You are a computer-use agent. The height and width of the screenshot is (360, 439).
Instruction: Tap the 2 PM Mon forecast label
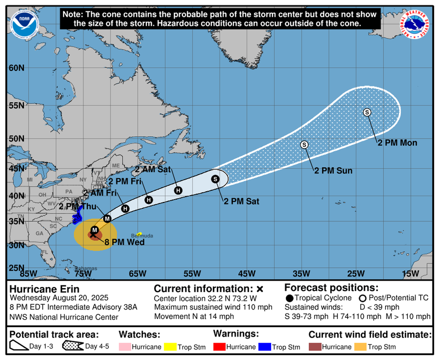[x=397, y=143]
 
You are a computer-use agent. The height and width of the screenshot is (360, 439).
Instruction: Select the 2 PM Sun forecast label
[x=333, y=171]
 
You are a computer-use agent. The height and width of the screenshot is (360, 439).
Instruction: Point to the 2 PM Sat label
[x=241, y=201]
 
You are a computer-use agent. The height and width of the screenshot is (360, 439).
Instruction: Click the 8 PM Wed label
[x=127, y=242]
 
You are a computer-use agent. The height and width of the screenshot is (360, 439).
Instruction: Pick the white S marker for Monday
[x=367, y=112]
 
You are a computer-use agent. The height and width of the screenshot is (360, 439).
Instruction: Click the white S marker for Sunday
[x=304, y=145]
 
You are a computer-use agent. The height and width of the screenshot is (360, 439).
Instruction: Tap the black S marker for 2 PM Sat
[x=215, y=179]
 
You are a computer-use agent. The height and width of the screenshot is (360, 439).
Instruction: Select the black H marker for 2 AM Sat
[x=178, y=190]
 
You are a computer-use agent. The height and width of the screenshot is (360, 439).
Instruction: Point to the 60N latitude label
[x=16, y=68]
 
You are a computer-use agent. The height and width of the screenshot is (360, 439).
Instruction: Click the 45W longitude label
[x=246, y=274]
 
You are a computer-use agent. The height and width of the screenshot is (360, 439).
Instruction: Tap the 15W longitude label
[x=410, y=274]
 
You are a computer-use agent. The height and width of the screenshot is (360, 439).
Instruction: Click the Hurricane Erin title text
[x=44, y=289]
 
